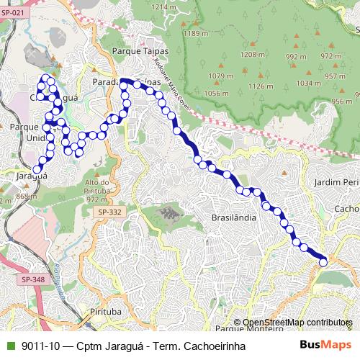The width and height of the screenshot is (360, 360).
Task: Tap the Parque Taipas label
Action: click(x=140, y=52)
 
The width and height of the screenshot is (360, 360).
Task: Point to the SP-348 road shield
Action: click(x=32, y=279)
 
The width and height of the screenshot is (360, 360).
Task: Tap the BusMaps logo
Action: click(x=326, y=345)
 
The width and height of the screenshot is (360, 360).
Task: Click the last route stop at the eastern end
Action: click(x=323, y=262)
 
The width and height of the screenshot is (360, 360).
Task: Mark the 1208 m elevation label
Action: click(x=252, y=54)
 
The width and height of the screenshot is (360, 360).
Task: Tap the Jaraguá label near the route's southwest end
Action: click(x=32, y=175)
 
